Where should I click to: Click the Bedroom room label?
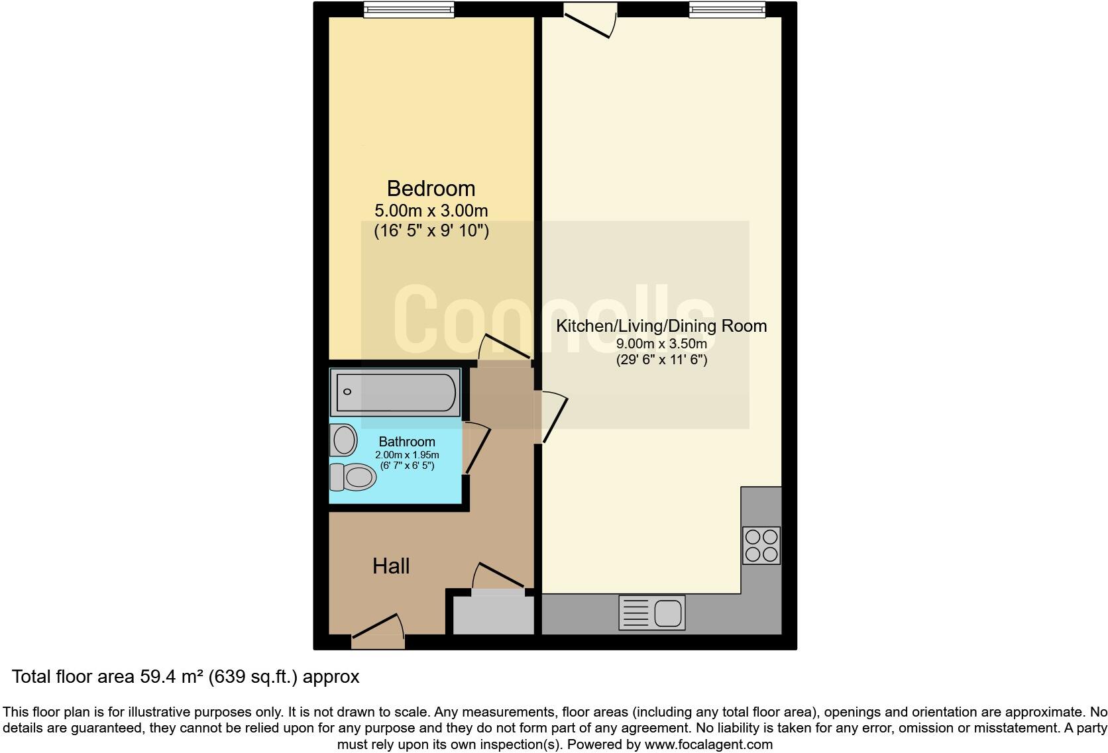[x=431, y=189]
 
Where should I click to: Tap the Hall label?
[x=391, y=566]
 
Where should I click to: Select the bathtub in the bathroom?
[x=396, y=392]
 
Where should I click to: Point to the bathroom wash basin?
[x=343, y=440]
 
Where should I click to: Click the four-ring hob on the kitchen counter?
[x=761, y=546]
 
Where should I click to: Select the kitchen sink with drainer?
[x=652, y=613]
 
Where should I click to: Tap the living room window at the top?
[x=727, y=9]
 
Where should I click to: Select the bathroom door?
[x=477, y=449]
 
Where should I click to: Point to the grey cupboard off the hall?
[x=493, y=614]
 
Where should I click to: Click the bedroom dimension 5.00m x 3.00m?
[x=431, y=211]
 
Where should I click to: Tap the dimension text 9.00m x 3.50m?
[x=661, y=344]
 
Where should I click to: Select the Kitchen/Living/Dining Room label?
[x=661, y=326]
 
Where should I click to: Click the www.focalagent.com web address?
[x=708, y=744]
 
